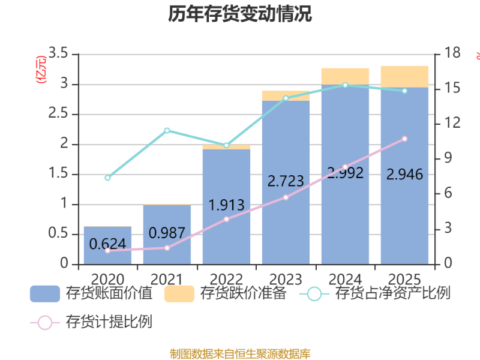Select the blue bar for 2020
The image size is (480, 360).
pyautogui.click(x=107, y=255)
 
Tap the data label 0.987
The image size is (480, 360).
pyautogui.click(x=167, y=232)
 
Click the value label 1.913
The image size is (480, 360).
pyautogui.click(x=226, y=205)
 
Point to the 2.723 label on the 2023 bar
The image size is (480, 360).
pyautogui.click(x=286, y=180)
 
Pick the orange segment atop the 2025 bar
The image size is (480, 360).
pyautogui.click(x=404, y=76)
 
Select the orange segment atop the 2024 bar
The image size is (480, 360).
pyautogui.click(x=345, y=76)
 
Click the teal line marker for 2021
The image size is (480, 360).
pyautogui.click(x=167, y=130)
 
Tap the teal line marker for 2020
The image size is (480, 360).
pyautogui.click(x=107, y=178)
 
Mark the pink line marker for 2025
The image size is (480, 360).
pyautogui.click(x=404, y=139)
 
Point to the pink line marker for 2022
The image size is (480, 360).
pyautogui.click(x=226, y=219)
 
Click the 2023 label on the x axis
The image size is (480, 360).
pyautogui.click(x=286, y=280)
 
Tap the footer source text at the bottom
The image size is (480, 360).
pyautogui.click(x=240, y=353)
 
